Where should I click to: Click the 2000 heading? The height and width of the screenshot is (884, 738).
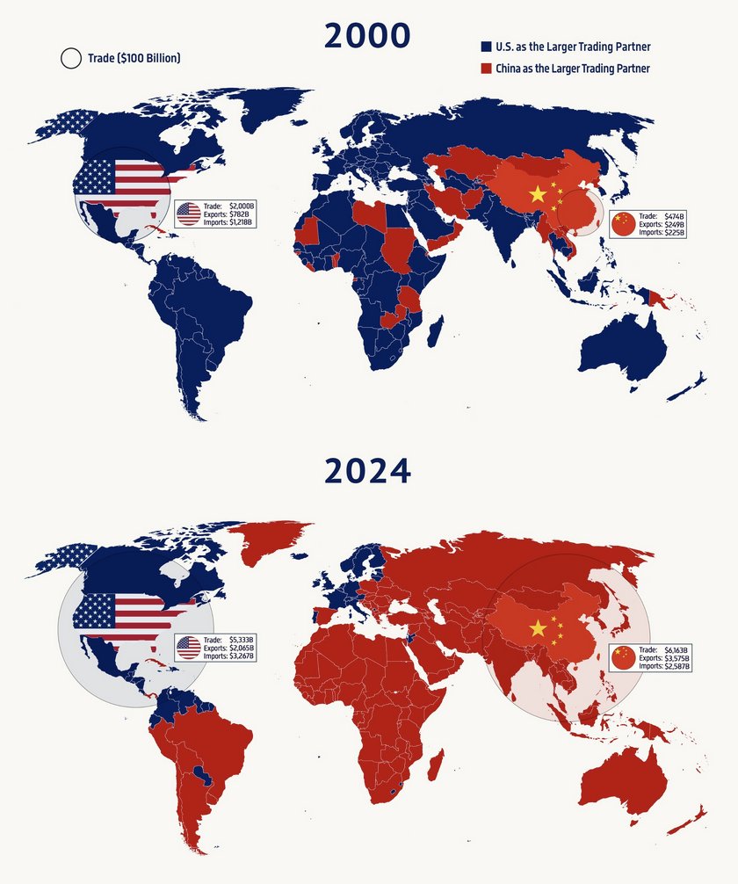coord(367,36)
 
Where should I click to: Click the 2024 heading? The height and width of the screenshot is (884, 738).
coord(367,471)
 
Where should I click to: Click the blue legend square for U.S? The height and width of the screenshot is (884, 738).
coord(485,47)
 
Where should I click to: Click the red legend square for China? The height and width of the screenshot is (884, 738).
coord(485,68)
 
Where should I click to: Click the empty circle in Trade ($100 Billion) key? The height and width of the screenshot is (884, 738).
coord(70,59)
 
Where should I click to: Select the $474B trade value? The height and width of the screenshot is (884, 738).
coord(673,214)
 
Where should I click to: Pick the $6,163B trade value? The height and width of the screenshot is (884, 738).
coord(675,648)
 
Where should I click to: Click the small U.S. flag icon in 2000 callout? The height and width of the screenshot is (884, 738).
coord(188,214)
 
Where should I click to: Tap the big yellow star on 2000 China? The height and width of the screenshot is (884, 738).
coord(538,193)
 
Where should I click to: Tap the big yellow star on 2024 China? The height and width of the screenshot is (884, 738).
coord(538,627)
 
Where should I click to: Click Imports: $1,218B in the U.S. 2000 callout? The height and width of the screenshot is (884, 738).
coord(228,222)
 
